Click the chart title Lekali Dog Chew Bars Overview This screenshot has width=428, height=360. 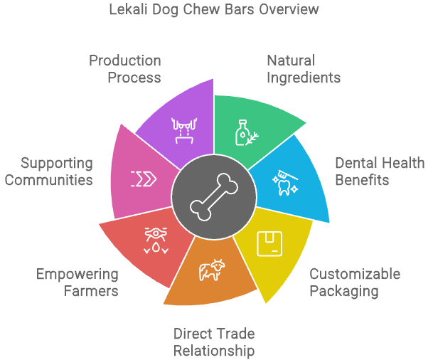click(213, 10)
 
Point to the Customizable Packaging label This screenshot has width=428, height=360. click(355, 282)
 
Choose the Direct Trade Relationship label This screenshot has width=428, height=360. click(214, 342)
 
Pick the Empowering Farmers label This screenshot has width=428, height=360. click(77, 282)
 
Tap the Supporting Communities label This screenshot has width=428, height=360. click(48, 171)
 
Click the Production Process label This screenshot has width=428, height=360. click(125, 68)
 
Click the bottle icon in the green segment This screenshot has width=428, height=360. click(245, 132)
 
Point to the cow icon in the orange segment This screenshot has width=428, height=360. click(211, 271)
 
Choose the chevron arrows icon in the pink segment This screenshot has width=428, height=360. click(144, 180)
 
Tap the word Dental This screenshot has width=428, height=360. click(356, 163)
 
